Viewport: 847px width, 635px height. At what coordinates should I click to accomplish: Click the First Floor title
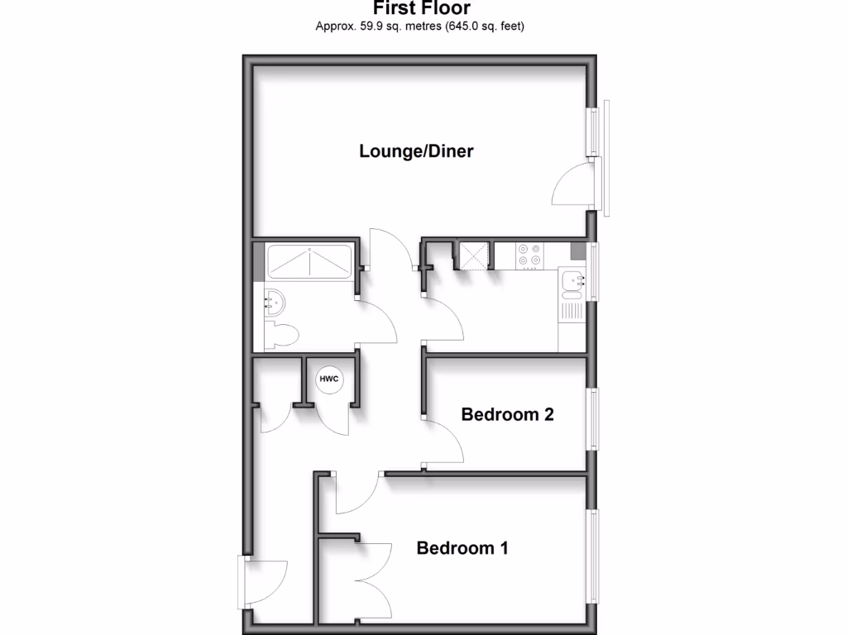click(x=422, y=9)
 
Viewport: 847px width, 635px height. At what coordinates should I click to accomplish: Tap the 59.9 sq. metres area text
click(x=380, y=26)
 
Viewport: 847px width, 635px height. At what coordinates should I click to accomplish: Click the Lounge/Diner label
click(x=416, y=151)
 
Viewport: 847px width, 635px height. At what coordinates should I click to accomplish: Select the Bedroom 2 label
click(x=507, y=414)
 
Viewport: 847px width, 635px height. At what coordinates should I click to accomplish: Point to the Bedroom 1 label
click(x=462, y=547)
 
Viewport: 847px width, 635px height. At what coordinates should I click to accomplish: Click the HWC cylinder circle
click(x=328, y=380)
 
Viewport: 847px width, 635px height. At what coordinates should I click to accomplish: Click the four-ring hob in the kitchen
click(x=529, y=255)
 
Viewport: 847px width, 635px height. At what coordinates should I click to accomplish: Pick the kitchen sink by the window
click(x=573, y=283)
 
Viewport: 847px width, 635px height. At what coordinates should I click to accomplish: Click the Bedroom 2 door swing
click(x=444, y=443)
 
